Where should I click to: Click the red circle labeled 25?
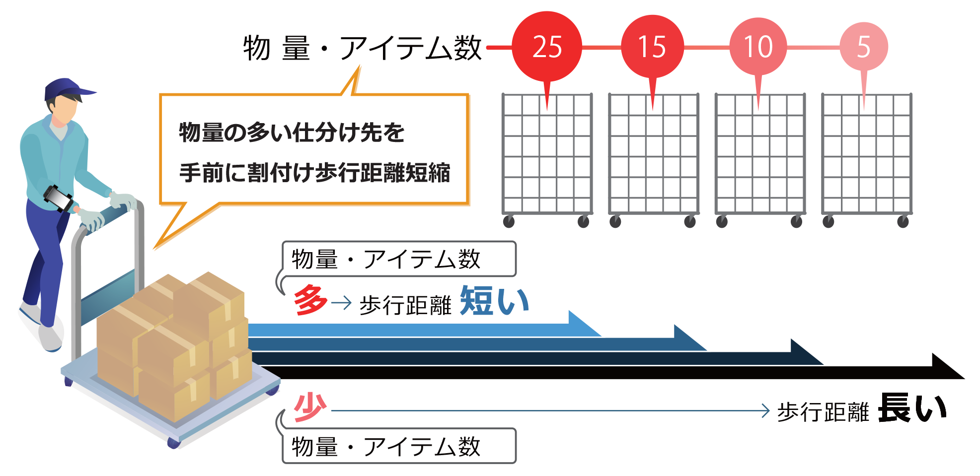(x=546, y=47)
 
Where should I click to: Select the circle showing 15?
(x=652, y=47)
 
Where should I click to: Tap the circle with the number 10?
(x=758, y=47)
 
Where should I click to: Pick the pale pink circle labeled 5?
(x=864, y=47)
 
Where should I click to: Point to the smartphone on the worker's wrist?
(x=58, y=198)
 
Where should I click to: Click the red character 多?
(x=310, y=300)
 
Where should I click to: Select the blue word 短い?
(x=494, y=301)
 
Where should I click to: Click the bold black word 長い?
(x=912, y=408)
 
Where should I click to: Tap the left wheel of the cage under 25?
(x=509, y=221)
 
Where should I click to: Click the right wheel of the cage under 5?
(x=903, y=221)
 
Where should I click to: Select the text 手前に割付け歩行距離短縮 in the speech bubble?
(x=314, y=173)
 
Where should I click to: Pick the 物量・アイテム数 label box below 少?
(x=399, y=446)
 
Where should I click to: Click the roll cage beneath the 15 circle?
(x=653, y=154)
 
